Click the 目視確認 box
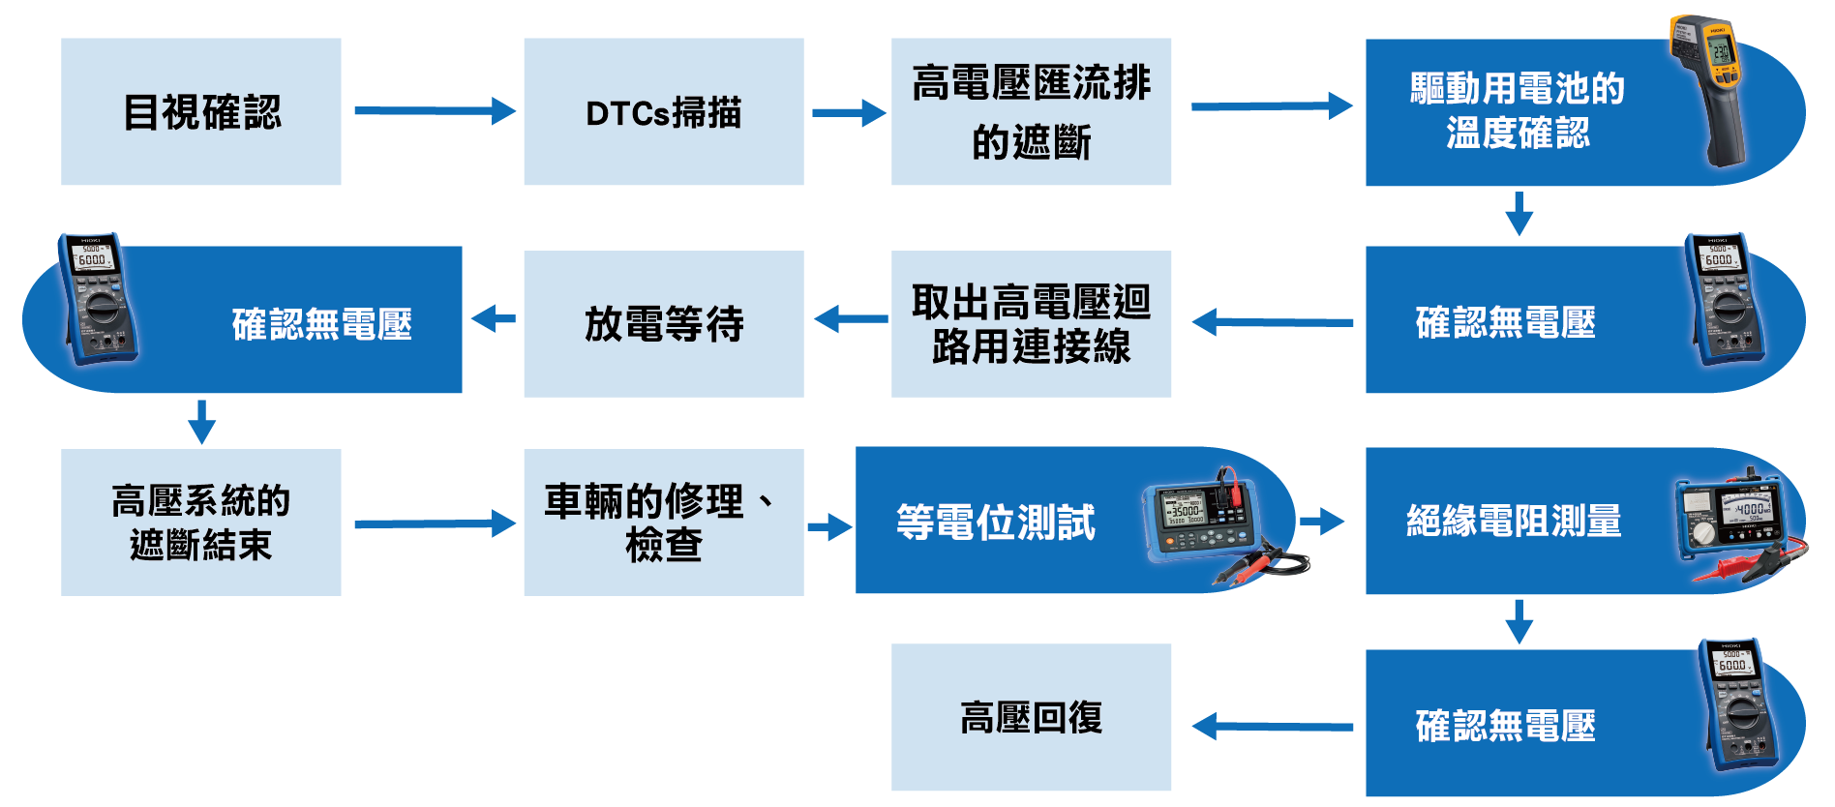[200, 111]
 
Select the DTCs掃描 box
[663, 111]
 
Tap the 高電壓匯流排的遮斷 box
[1031, 111]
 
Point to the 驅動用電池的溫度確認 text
[1517, 110]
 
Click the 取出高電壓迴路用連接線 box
[1031, 323]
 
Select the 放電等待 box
[663, 323]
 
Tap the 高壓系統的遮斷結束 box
[200, 522]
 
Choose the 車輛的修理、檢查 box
[663, 522]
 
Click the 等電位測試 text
[995, 522]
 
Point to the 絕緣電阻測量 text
[1513, 521]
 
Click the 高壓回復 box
[1031, 717]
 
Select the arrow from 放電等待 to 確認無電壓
[494, 318]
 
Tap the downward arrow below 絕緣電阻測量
[1519, 621]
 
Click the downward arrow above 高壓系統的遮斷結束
[201, 421]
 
